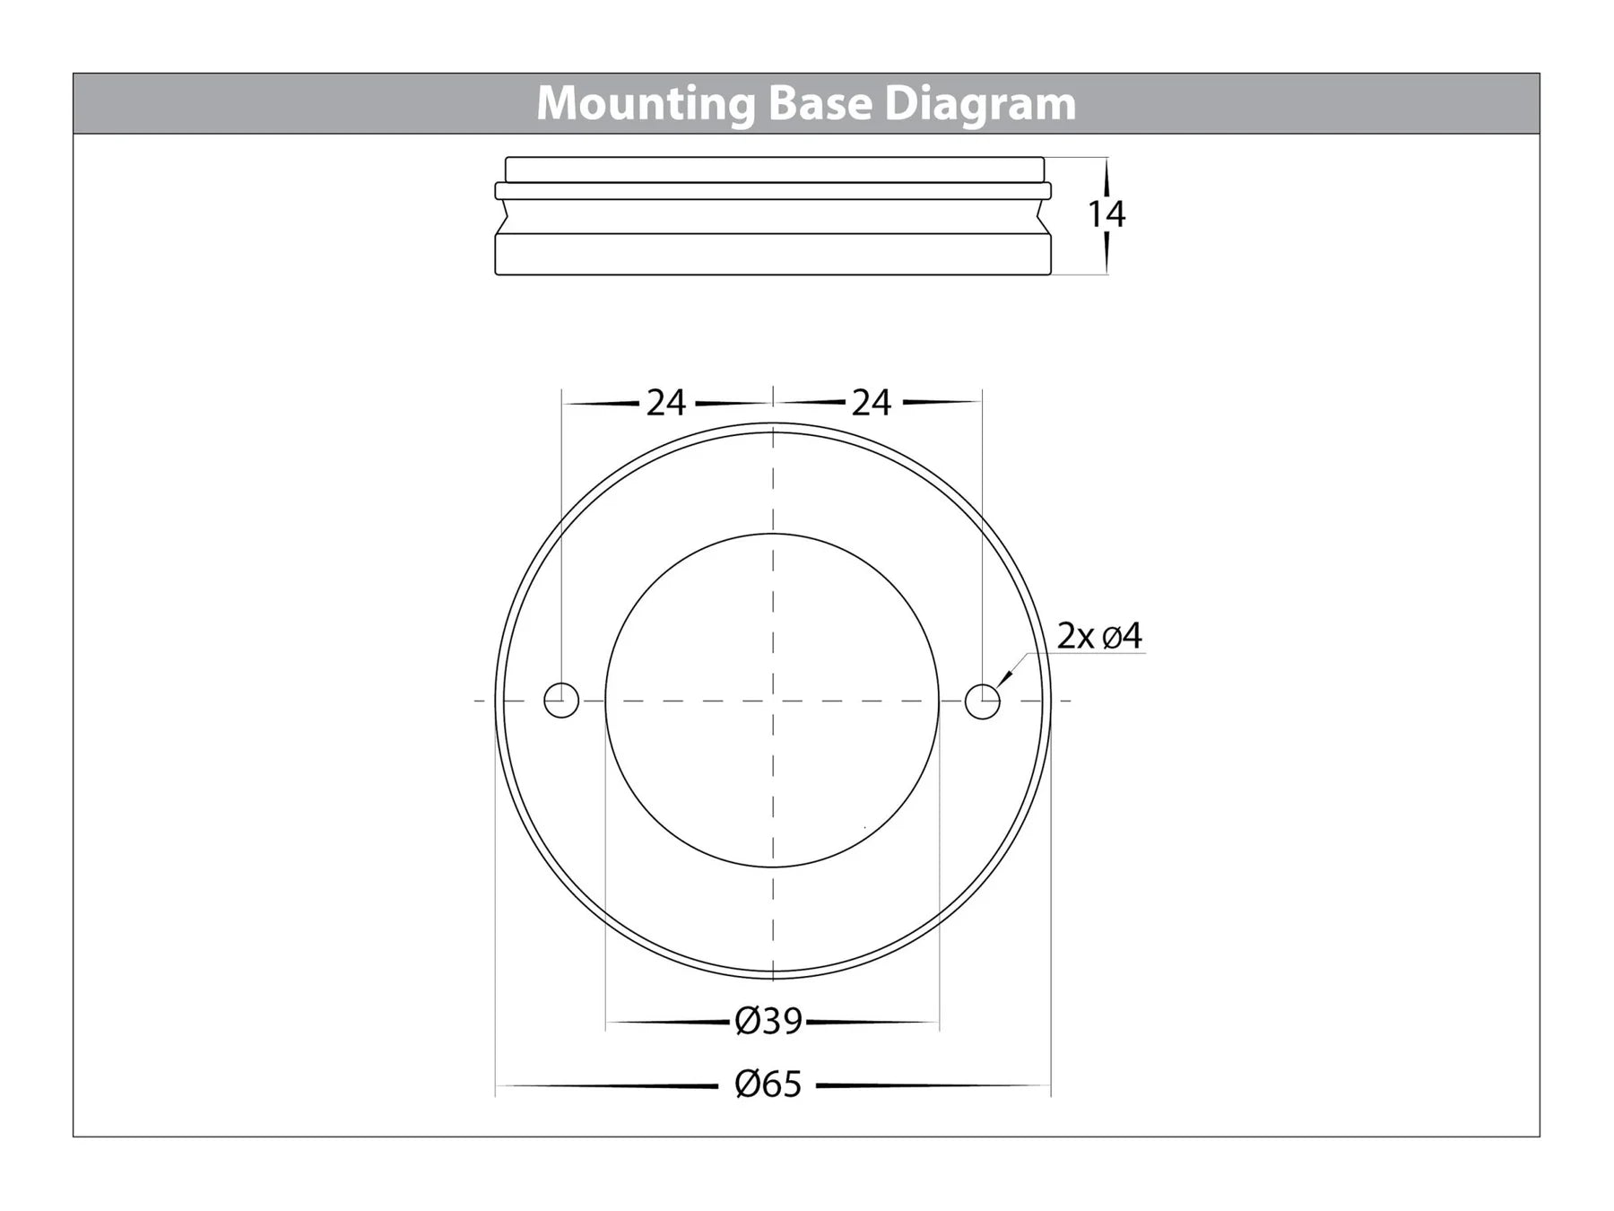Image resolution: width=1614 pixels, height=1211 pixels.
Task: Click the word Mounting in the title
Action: [646, 105]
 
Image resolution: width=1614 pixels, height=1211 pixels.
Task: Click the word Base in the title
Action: [820, 103]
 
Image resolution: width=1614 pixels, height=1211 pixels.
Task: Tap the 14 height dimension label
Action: [1106, 214]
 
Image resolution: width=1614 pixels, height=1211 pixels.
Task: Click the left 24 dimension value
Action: [666, 404]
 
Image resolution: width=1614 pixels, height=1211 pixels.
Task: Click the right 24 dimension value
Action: [872, 404]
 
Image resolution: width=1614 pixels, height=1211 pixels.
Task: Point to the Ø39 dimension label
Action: [768, 1021]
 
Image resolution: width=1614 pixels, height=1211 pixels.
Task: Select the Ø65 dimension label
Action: [768, 1085]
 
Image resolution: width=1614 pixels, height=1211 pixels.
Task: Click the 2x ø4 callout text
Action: [1100, 636]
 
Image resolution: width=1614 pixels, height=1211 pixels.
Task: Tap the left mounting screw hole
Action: [561, 700]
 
